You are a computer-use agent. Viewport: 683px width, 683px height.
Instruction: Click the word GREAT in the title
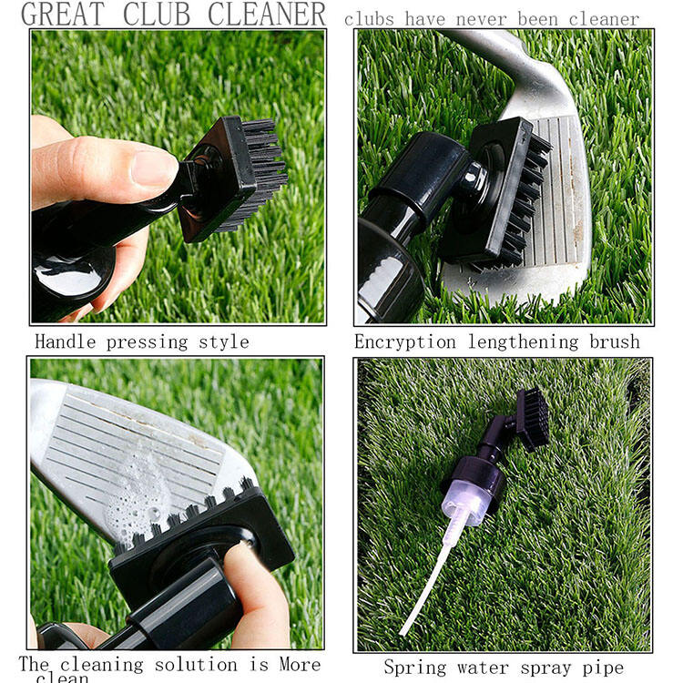[62, 14]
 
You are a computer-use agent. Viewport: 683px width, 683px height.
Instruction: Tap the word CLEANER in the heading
[266, 14]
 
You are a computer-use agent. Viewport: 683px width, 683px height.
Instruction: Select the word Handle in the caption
[67, 342]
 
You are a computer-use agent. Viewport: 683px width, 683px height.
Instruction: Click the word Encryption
[405, 342]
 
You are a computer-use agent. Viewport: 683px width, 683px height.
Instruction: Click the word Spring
[415, 668]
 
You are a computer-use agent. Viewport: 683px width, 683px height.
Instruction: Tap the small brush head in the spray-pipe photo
[532, 420]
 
